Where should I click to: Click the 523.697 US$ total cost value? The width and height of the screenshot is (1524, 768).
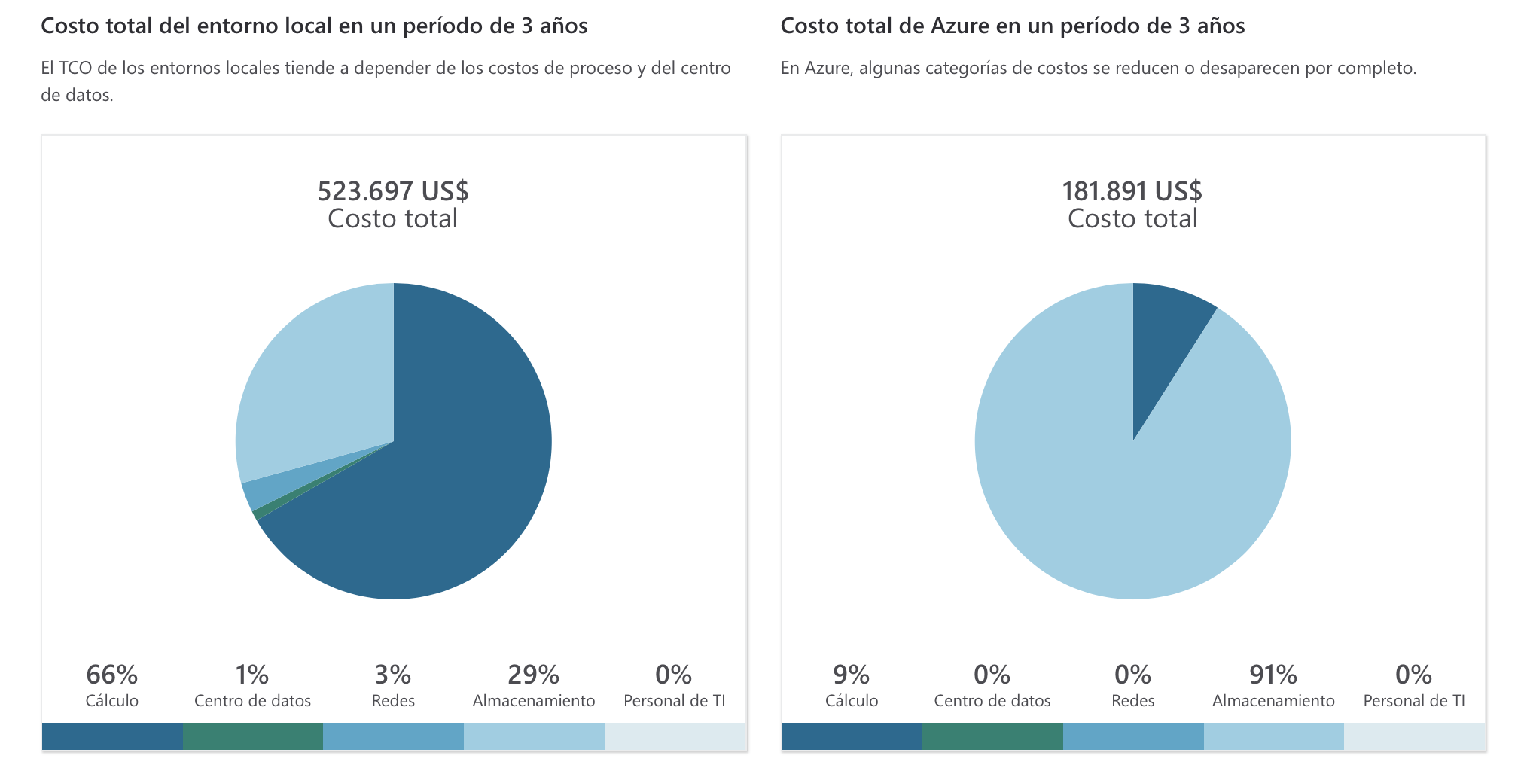[393, 191]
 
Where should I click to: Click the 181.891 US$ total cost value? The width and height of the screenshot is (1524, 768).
[1132, 191]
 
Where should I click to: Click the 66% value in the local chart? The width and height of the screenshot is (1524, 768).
[111, 675]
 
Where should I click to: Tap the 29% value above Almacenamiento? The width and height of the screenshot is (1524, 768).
[533, 675]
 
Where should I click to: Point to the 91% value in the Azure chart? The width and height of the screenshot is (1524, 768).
[1273, 675]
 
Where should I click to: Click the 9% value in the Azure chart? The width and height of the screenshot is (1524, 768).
[851, 675]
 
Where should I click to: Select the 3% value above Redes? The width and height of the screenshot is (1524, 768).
[393, 675]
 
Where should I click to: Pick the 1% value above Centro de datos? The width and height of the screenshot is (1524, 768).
[251, 675]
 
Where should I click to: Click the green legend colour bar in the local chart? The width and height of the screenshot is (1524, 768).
[252, 736]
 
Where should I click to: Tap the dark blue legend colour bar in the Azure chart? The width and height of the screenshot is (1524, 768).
[852, 736]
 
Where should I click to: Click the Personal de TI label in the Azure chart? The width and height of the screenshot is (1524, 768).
[1414, 701]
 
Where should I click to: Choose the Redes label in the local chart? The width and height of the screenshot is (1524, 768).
[393, 701]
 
